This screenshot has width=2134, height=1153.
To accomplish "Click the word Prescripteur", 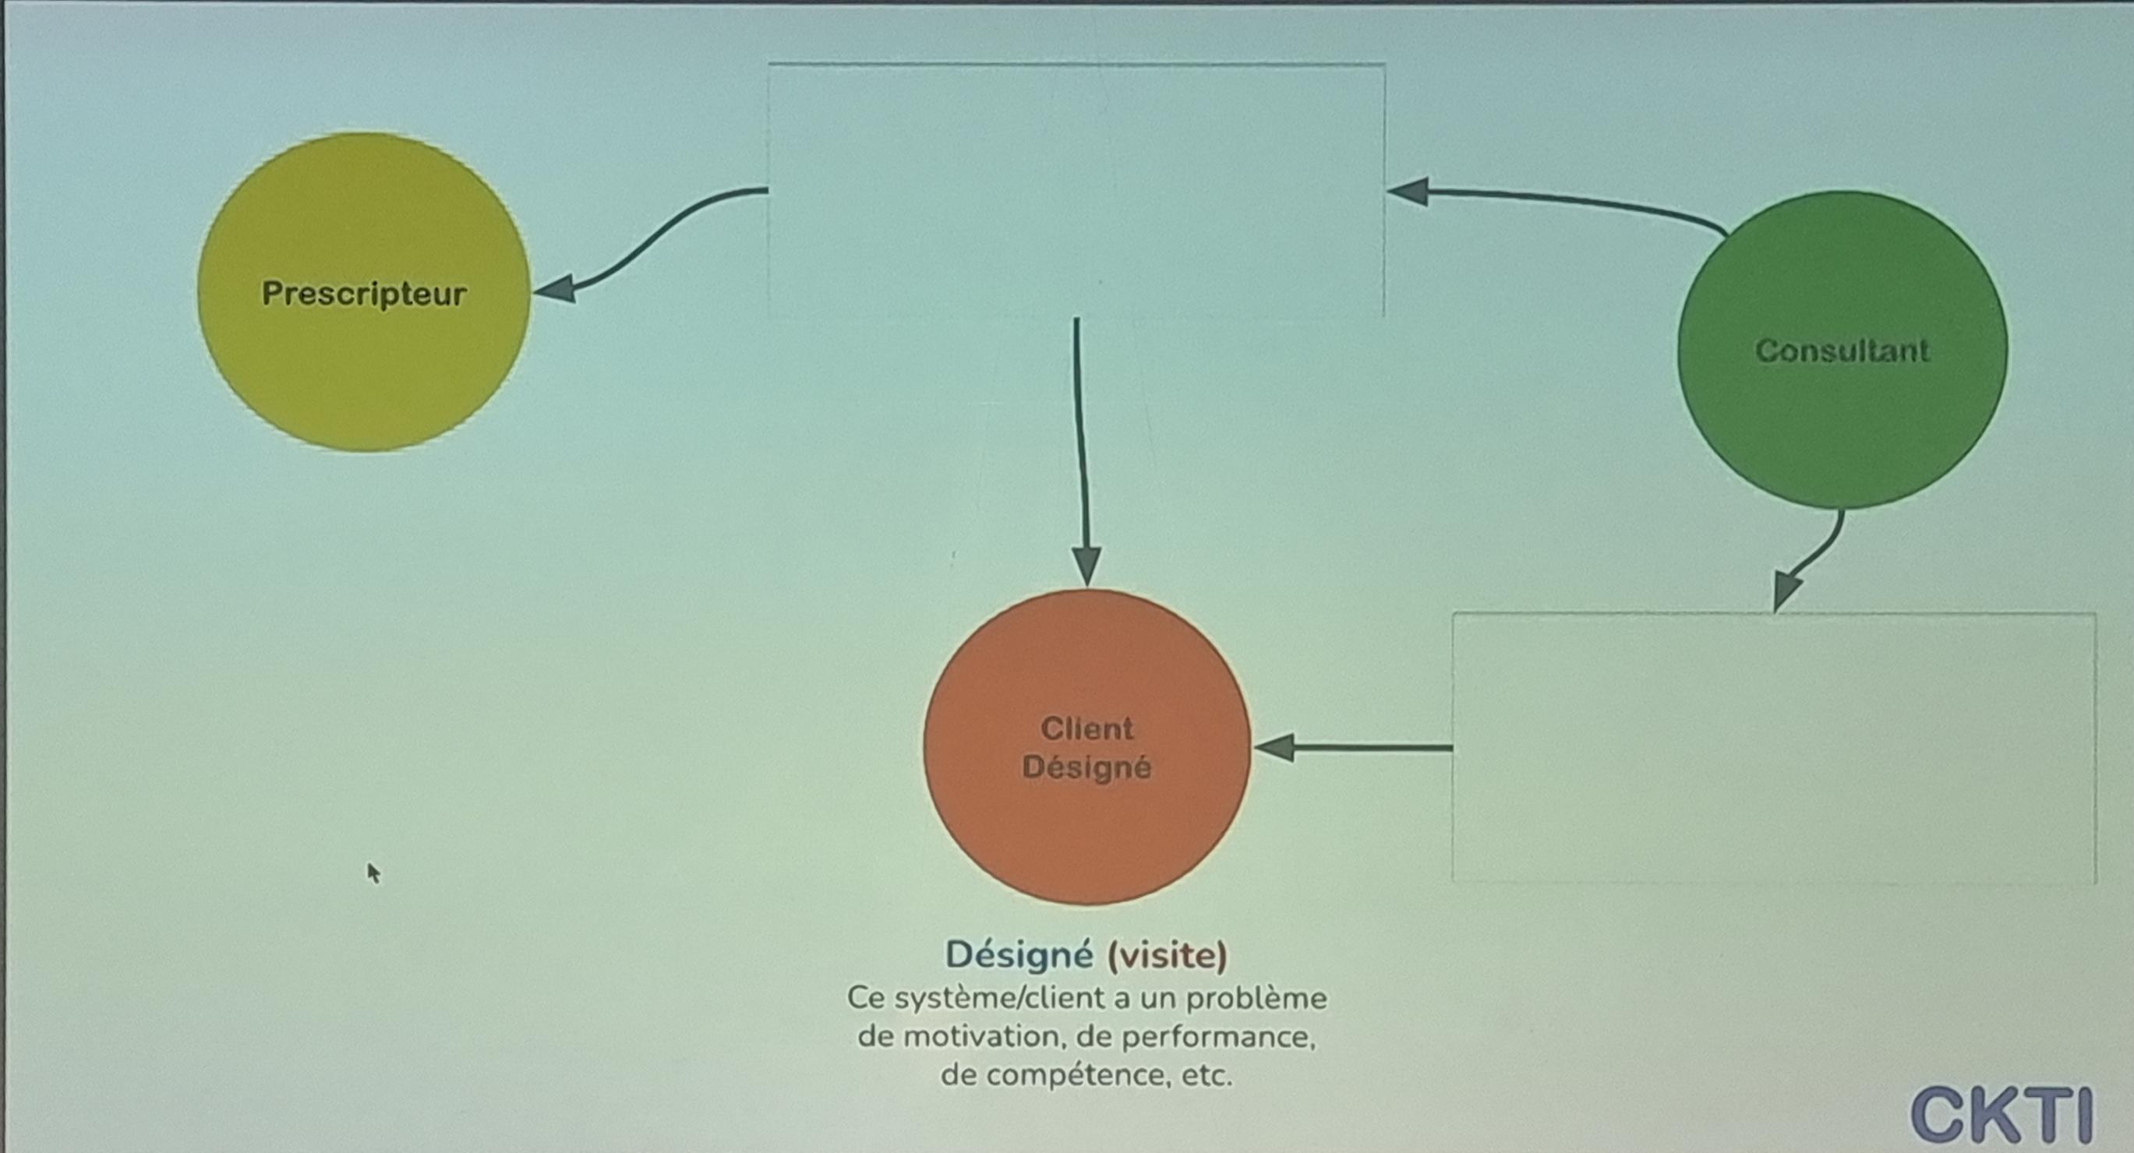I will point(364,293).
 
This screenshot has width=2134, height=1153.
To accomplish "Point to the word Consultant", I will point(1843,351).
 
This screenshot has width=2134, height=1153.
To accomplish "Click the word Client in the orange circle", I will point(1087,728).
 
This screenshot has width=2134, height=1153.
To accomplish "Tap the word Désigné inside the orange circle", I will point(1087,767).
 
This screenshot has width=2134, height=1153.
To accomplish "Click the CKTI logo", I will point(2002,1115).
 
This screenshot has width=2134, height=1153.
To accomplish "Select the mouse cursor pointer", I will point(373,873).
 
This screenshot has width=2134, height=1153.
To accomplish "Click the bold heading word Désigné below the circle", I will point(1019,955).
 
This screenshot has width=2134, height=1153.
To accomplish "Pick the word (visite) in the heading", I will point(1168,955).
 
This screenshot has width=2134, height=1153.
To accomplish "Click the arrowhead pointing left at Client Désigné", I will point(1276,747).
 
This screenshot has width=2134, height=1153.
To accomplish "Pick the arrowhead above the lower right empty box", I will point(1787,590).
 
